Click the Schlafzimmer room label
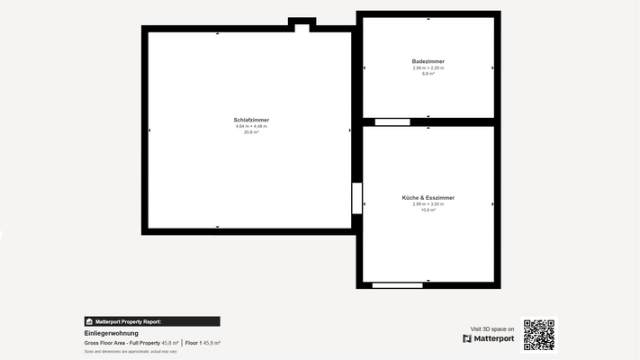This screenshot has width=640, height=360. coord(251,120)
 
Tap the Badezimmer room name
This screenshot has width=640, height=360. coord(428,61)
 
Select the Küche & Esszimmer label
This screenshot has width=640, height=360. coord(428,197)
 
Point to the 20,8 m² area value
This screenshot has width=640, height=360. coord(251,132)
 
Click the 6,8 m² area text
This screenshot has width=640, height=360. coord(428,74)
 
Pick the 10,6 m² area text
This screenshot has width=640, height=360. coord(428,210)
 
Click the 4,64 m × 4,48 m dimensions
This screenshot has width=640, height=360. coord(251,126)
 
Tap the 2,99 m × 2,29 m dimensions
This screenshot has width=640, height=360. coord(428,67)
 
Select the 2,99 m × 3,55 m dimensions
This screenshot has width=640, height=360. coord(428,203)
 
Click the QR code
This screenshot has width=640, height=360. coord(539,335)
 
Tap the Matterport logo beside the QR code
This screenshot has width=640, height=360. coord(489,338)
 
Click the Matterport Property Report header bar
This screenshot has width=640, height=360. coord(151,321)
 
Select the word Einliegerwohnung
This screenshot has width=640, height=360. coord(112,333)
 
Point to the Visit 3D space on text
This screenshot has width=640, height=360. coord(492,328)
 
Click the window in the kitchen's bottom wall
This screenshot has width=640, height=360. coord(397,285)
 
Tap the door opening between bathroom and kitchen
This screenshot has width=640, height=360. coord(392,121)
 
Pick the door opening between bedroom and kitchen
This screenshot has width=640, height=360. coord(356,198)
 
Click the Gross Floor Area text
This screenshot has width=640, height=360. coord(122,343)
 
